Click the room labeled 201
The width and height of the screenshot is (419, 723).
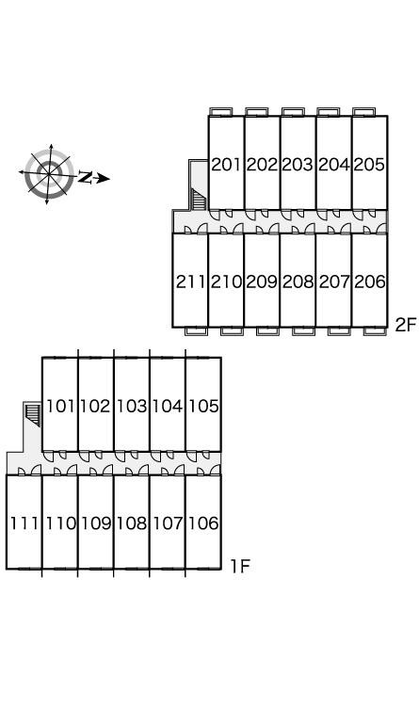coord(226,164)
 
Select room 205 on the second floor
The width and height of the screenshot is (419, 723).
coord(369,164)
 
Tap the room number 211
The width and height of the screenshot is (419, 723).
coord(190,281)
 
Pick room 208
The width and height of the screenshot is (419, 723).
coord(298,281)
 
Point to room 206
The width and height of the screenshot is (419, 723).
coord(370,281)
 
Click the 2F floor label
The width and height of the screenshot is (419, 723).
coord(406,325)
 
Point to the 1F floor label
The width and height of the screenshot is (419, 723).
coord(240,566)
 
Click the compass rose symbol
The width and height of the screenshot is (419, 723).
coord(49,173)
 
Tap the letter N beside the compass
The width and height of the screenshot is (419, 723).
coord(85,177)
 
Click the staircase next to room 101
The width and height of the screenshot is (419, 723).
coord(33,414)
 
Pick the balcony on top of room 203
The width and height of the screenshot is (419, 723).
coord(293,112)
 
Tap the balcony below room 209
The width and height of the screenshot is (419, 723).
coord(267,331)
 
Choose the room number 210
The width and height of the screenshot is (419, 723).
coord(226,281)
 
